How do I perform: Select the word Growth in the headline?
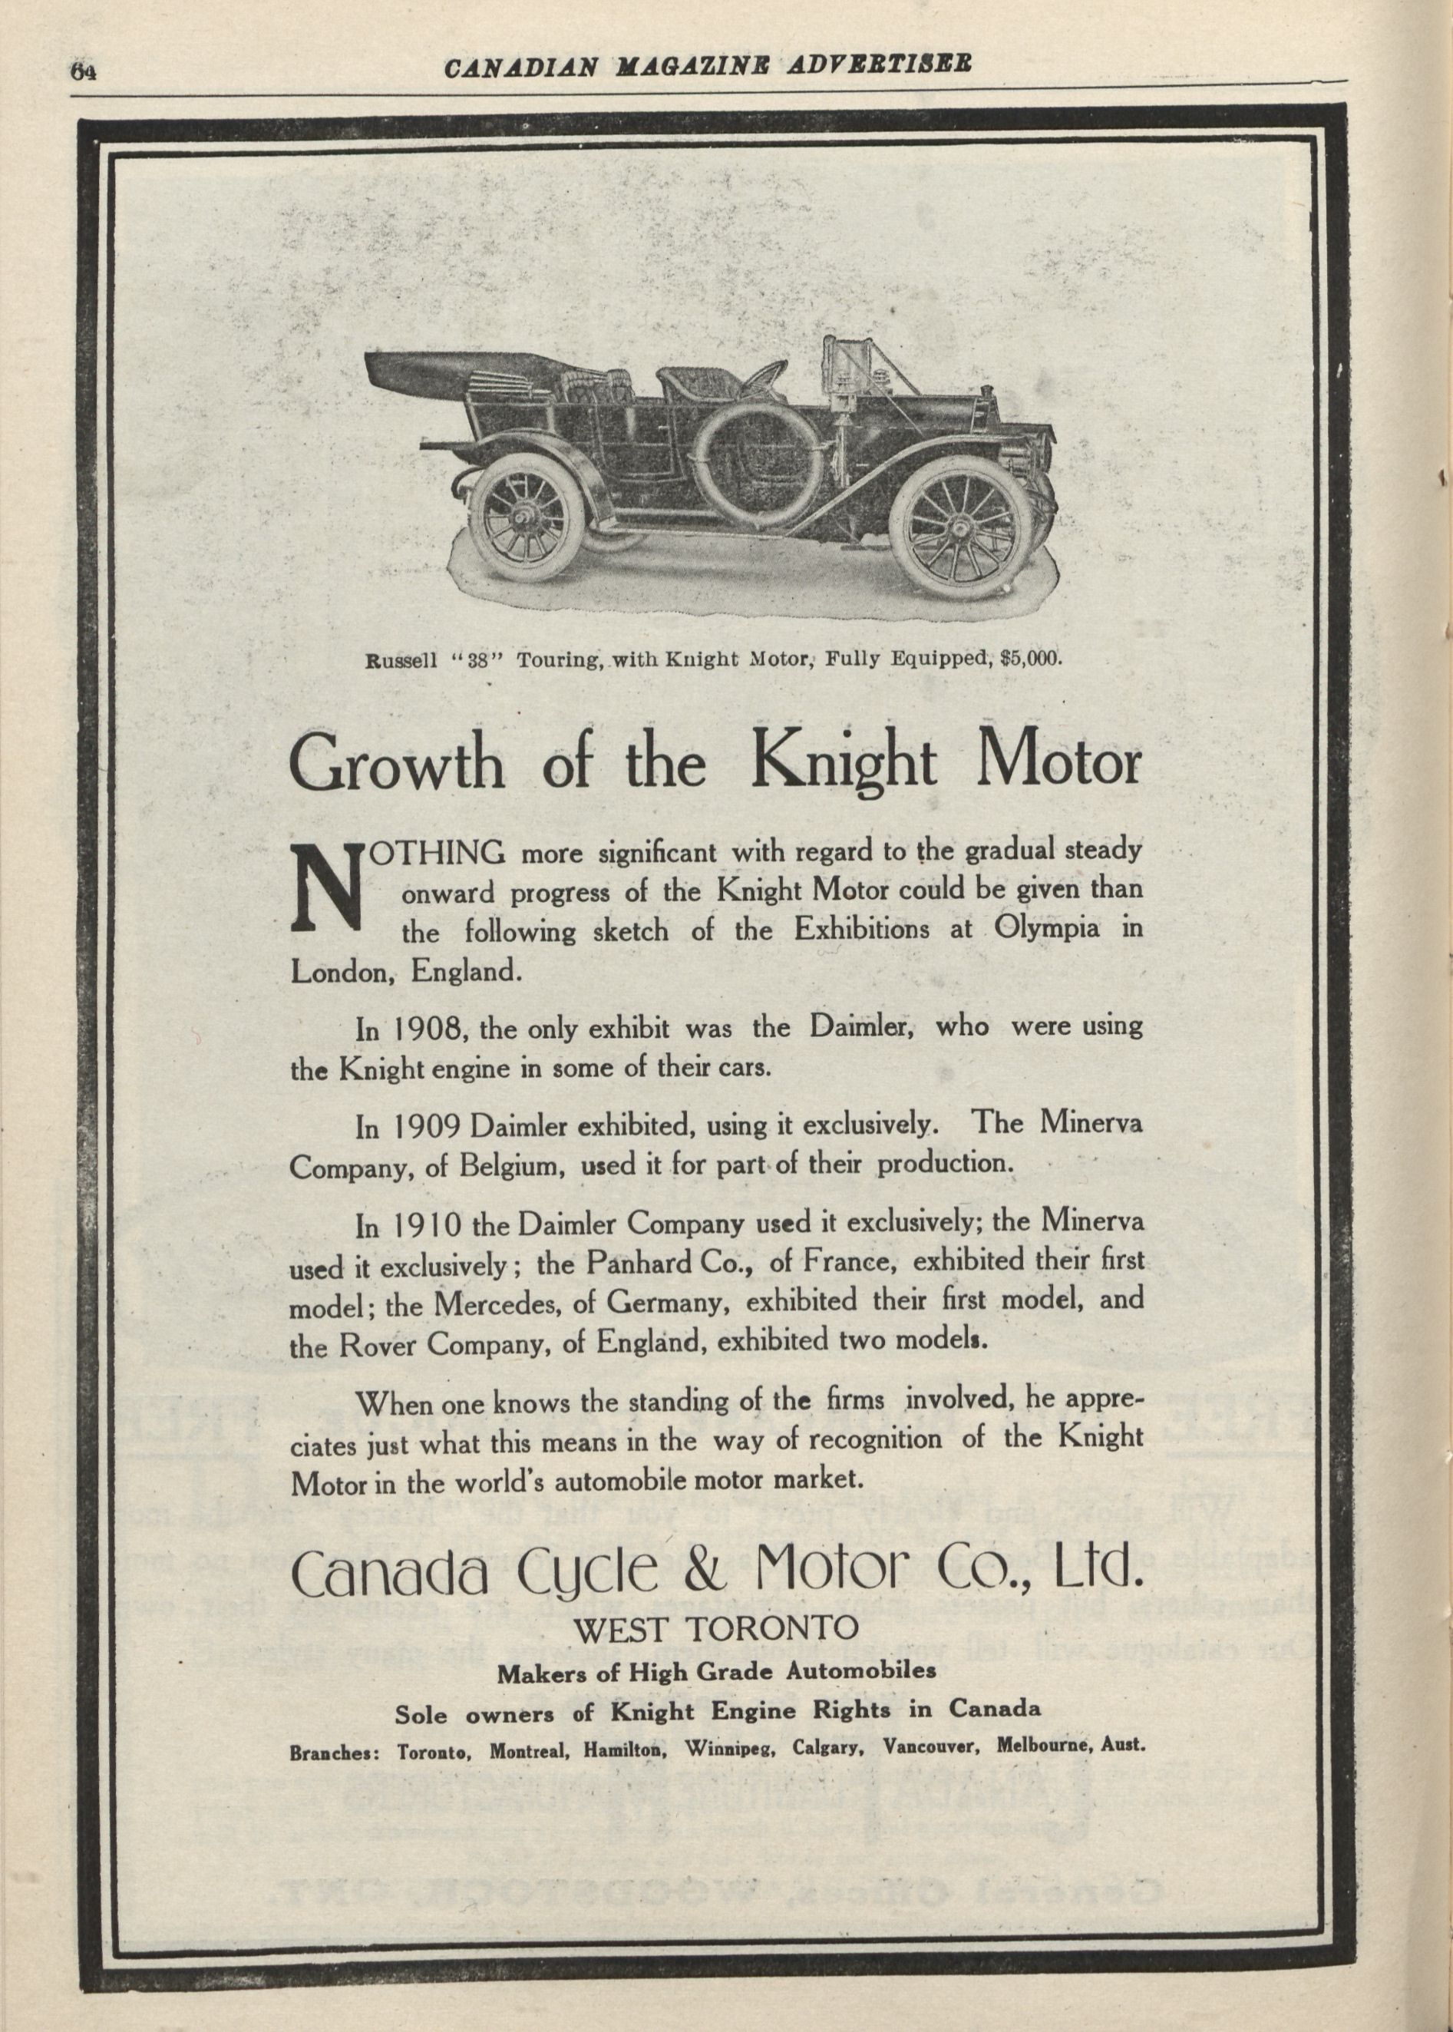tap(398, 763)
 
